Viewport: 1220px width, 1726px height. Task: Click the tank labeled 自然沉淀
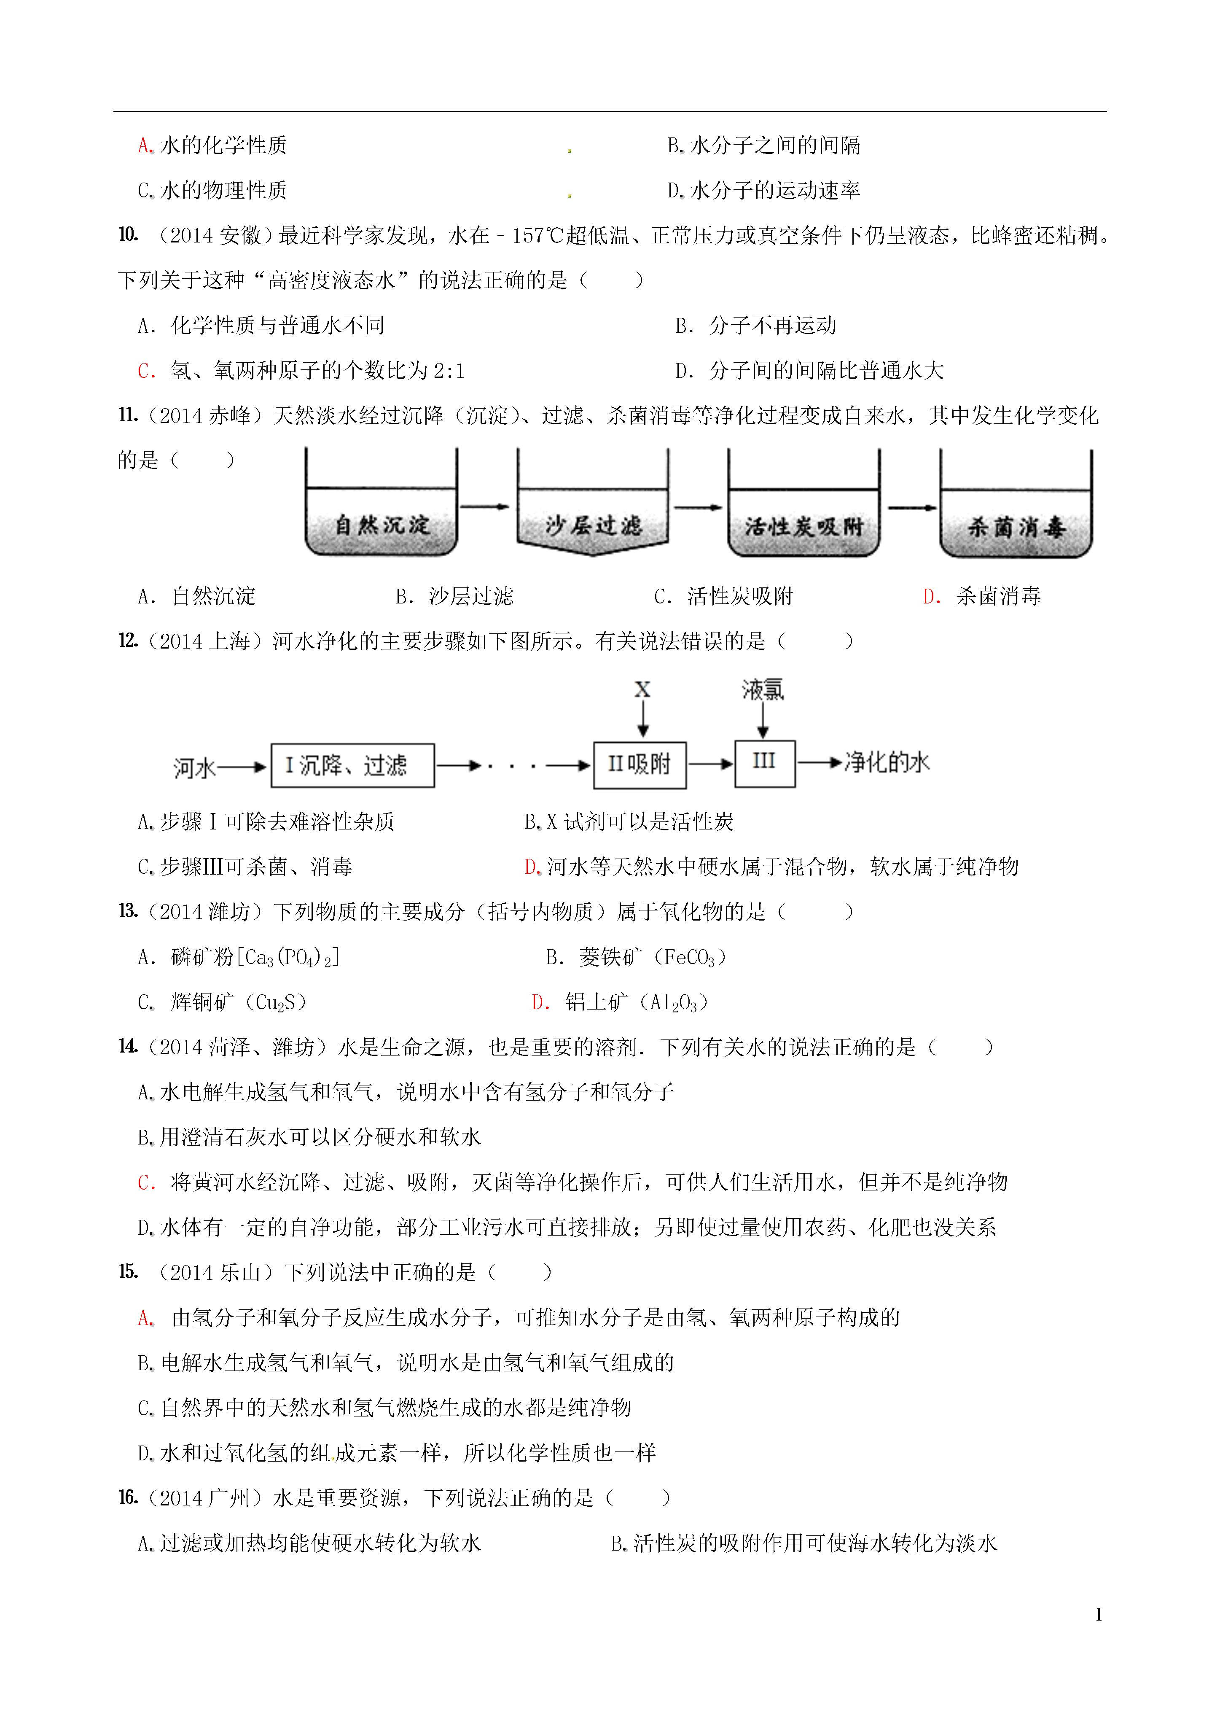[x=381, y=502]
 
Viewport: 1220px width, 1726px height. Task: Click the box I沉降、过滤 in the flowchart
[x=352, y=765]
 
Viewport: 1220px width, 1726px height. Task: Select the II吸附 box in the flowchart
[x=640, y=765]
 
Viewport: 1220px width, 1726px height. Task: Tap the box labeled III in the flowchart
[x=764, y=763]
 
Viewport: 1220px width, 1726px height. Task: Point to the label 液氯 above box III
[x=763, y=689]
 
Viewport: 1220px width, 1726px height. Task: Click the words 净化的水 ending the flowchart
[x=887, y=763]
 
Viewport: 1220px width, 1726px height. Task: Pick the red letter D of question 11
[x=930, y=596]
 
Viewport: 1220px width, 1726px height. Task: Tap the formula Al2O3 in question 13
[x=674, y=1003]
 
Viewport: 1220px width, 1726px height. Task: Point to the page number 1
[x=1099, y=1614]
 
